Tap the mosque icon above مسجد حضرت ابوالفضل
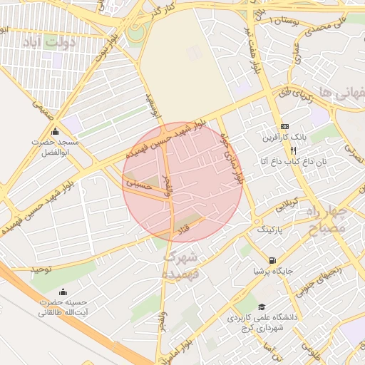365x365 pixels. pyautogui.click(x=56, y=130)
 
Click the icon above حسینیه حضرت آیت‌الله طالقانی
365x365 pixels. pyautogui.click(x=63, y=291)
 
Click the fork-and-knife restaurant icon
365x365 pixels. pyautogui.click(x=293, y=150)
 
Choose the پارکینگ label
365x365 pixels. pyautogui.click(x=269, y=230)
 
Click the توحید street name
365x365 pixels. pyautogui.click(x=41, y=269)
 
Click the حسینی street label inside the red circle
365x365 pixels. pyautogui.click(x=139, y=183)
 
